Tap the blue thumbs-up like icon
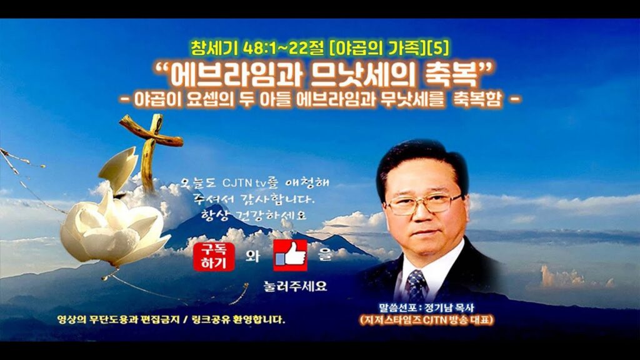coord(290,256)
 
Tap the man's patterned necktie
coord(416,285)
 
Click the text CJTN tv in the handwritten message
coord(244,183)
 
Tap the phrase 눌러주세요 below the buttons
coord(295,286)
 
